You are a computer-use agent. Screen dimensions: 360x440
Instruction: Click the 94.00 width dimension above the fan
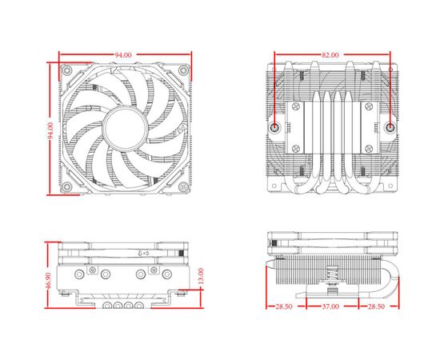[123, 54]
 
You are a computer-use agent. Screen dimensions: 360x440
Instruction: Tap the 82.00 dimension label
[330, 54]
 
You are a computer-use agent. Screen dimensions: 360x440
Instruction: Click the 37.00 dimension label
[330, 306]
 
